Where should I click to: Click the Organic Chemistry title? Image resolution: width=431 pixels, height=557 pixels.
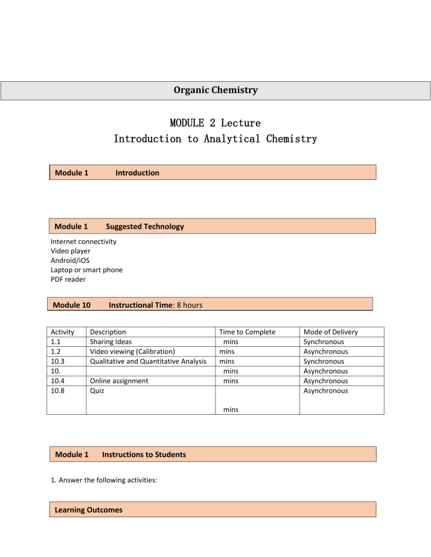(215, 90)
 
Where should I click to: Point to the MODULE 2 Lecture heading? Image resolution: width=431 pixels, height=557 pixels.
(215, 122)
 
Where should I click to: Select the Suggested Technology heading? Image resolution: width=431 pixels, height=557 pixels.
(145, 226)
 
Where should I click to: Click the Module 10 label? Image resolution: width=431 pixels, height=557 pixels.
(71, 305)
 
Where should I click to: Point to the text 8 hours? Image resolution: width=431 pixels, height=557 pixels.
(187, 305)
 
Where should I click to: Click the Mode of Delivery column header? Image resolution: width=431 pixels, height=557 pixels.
(330, 332)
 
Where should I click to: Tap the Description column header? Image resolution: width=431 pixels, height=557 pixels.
(108, 332)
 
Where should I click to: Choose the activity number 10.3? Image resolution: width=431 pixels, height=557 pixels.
(58, 361)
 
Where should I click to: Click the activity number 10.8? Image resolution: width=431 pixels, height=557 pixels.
(58, 391)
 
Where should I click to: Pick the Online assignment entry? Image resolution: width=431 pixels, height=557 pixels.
(119, 381)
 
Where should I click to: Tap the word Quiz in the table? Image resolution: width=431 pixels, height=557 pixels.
(98, 391)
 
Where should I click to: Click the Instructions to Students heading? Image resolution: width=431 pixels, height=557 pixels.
(144, 454)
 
